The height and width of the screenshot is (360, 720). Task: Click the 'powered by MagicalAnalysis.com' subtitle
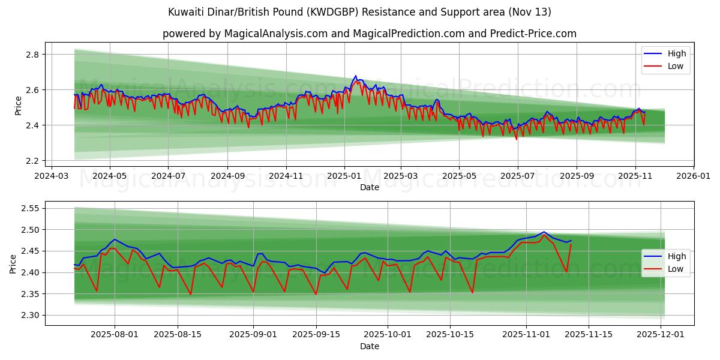click(369, 34)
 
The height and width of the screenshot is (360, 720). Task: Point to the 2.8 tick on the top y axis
click(33, 55)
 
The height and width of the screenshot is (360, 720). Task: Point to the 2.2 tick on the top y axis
click(33, 161)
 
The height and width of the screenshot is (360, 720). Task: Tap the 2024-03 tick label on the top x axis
click(51, 176)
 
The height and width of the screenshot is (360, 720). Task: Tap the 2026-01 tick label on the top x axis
click(694, 176)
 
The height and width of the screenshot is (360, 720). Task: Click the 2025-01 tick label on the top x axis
click(344, 176)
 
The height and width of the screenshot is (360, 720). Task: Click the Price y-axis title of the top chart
click(18, 105)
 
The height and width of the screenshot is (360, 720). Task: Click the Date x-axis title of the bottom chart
click(369, 347)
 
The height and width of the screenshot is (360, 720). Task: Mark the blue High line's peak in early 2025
click(355, 76)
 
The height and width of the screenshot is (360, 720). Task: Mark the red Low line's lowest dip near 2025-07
click(516, 139)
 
